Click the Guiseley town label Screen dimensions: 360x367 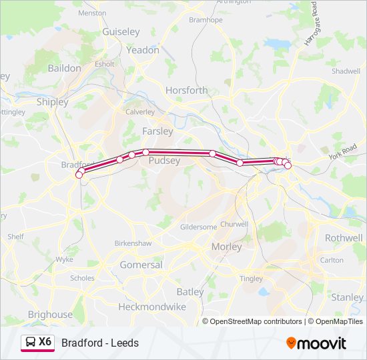click(121, 31)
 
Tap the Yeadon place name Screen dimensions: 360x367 click(143, 50)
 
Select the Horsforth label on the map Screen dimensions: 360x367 click(187, 90)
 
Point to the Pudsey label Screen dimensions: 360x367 click(164, 161)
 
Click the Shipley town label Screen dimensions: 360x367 click(52, 102)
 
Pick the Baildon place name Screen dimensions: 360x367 click(64, 68)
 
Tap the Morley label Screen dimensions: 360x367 click(227, 247)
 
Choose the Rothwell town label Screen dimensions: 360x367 click(344, 238)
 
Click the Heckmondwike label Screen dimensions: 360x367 click(152, 307)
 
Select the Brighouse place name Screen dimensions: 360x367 click(50, 315)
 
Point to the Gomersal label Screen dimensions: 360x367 click(141, 265)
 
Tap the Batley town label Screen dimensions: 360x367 click(190, 291)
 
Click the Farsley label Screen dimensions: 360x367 click(157, 131)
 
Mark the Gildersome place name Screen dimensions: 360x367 click(199, 227)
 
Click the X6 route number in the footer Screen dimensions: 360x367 click(45, 342)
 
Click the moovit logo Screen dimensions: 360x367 click(316, 343)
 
